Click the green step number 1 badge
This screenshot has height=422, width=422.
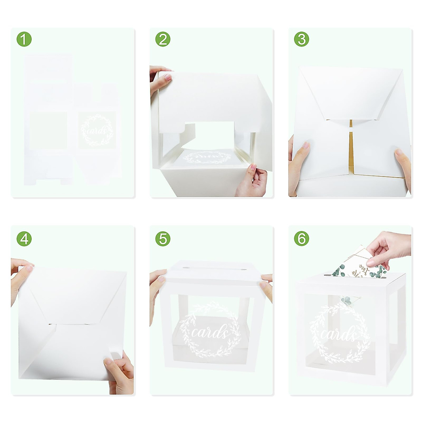point(24,39)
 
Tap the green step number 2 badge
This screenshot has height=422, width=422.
point(163,39)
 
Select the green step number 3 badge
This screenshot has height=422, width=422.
point(301,39)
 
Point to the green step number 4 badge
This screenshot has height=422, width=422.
point(24,239)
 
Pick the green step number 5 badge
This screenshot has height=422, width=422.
point(163,239)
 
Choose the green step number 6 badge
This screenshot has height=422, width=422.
point(301,239)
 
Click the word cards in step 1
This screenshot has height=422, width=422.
point(97,130)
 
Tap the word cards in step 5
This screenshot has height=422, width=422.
point(210,332)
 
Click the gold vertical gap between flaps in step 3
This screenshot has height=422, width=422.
point(351,148)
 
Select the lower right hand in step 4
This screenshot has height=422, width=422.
point(120,373)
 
